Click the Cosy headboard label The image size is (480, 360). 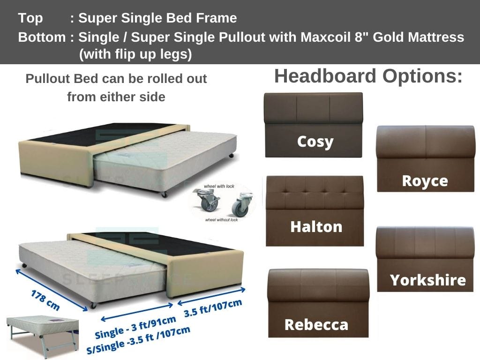coord(315,141)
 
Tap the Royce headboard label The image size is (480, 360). coord(425,180)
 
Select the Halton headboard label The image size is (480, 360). coord(316,227)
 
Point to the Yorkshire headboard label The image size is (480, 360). coord(427,280)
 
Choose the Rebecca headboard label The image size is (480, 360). coord(316,324)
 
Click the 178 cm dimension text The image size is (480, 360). coord(45,300)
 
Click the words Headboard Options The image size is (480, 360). coord(368,76)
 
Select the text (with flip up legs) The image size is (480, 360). coord(135,54)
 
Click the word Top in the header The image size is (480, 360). coord(30,18)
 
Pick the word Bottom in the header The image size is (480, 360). coord(42,37)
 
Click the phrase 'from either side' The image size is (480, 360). coord(116,97)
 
